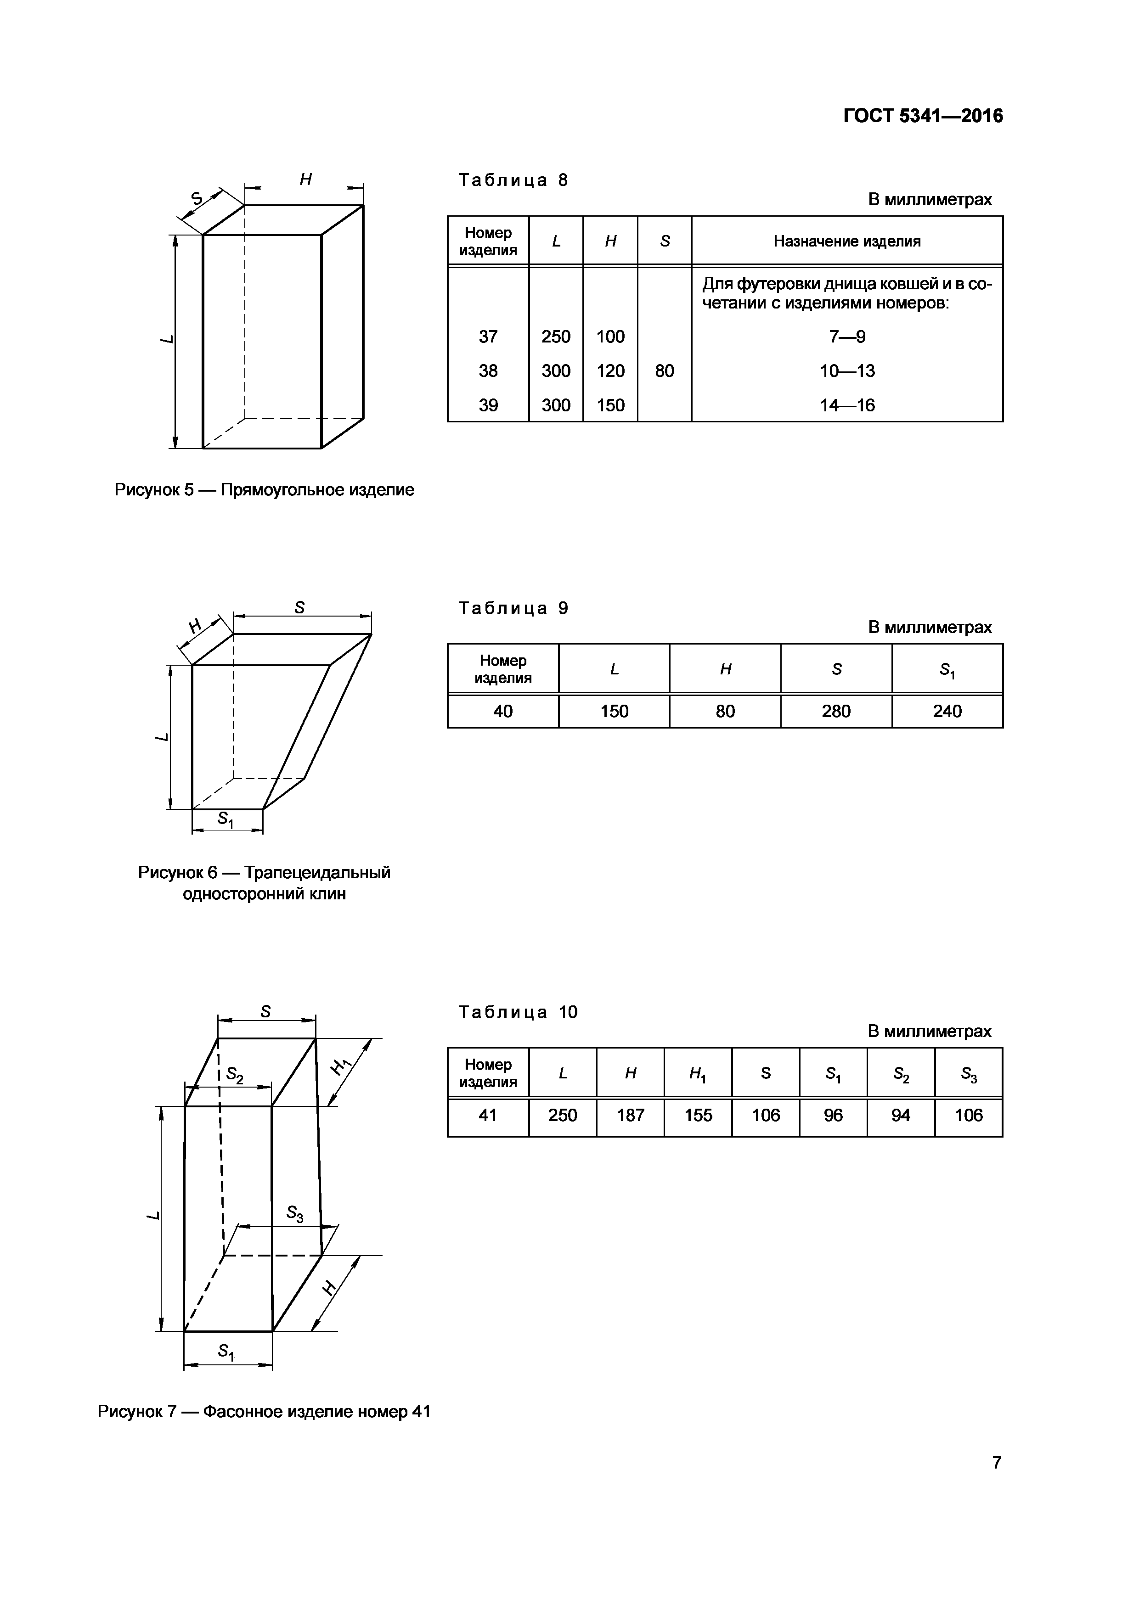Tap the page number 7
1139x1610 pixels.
click(997, 1462)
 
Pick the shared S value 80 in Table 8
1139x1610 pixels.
click(664, 371)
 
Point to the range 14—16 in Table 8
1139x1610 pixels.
click(847, 405)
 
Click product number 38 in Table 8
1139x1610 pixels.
click(488, 371)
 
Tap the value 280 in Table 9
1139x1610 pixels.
click(835, 711)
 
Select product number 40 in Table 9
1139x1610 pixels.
click(503, 711)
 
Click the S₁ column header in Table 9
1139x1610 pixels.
click(947, 670)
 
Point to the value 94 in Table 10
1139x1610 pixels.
click(901, 1115)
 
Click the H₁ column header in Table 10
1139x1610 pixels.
click(697, 1074)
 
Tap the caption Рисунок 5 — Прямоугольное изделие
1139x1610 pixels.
click(265, 489)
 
